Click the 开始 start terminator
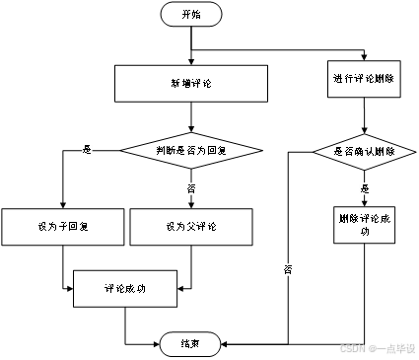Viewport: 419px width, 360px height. pos(190,15)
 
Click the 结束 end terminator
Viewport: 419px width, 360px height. pos(190,343)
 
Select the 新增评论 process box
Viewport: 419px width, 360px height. pos(190,83)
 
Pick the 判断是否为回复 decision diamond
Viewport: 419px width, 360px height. pos(191,151)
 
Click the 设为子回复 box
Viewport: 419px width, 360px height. pos(62,227)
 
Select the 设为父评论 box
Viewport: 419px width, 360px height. pos(191,227)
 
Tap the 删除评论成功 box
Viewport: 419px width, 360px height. pos(364,225)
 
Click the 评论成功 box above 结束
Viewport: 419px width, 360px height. pos(125,289)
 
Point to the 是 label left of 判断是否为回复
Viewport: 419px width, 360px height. pos(87,150)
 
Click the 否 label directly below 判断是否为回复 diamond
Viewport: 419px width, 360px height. pos(191,187)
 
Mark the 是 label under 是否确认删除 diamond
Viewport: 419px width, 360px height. pos(364,187)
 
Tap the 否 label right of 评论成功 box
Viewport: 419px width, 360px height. pos(288,268)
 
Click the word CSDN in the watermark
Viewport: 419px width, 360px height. pos(352,348)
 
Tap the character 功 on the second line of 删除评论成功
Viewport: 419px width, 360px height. pos(364,233)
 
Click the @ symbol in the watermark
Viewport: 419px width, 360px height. pos(373,348)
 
